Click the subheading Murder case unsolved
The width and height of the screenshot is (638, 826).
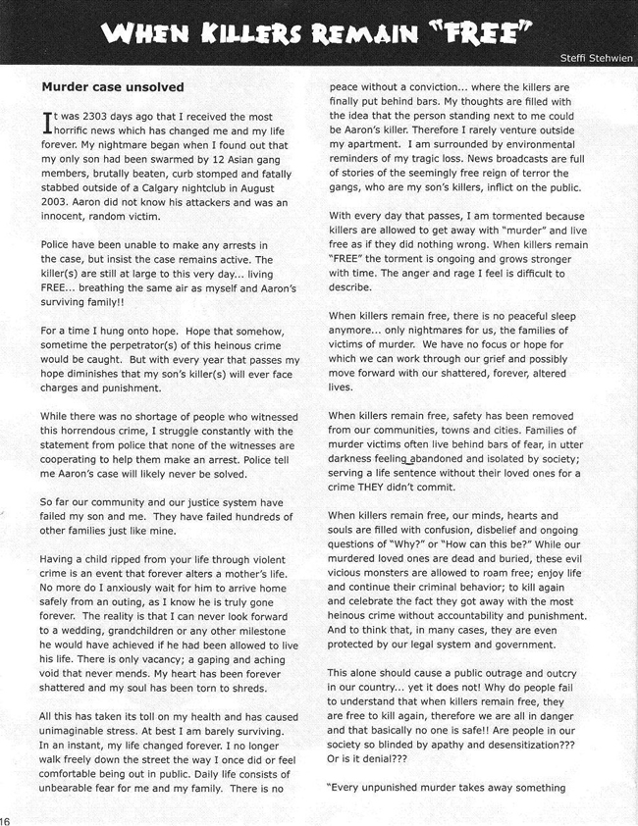(x=112, y=87)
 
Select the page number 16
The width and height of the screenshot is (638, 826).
(x=5, y=820)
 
